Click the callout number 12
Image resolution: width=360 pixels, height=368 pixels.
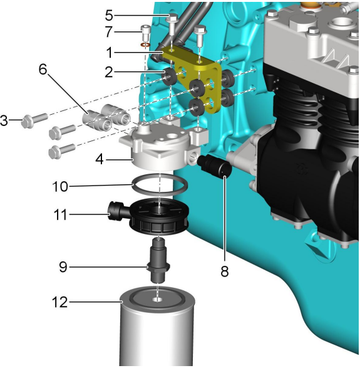tap(59, 302)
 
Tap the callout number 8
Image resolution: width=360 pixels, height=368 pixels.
tap(224, 271)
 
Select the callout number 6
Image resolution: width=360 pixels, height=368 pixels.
tap(43, 70)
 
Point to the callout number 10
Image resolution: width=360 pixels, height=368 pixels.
tap(60, 187)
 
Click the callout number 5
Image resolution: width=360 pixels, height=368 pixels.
tap(109, 15)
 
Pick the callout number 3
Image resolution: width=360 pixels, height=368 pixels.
tap(4, 120)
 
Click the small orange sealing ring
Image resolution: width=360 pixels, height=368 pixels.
tap(145, 45)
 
